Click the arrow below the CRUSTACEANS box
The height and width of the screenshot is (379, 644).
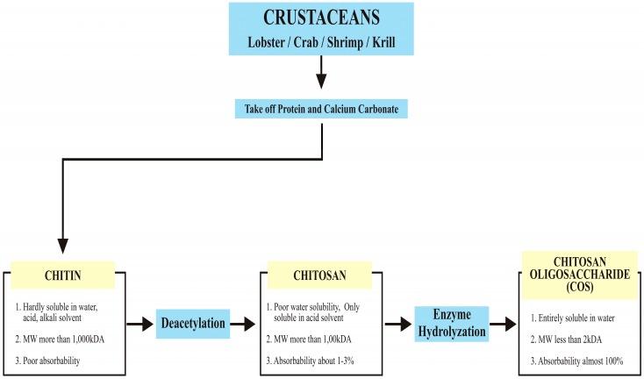tap(321, 75)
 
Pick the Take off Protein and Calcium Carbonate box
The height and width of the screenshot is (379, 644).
tap(321, 110)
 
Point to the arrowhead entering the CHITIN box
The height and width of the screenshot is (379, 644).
tap(62, 250)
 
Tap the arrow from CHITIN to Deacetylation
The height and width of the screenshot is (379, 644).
tap(140, 324)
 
